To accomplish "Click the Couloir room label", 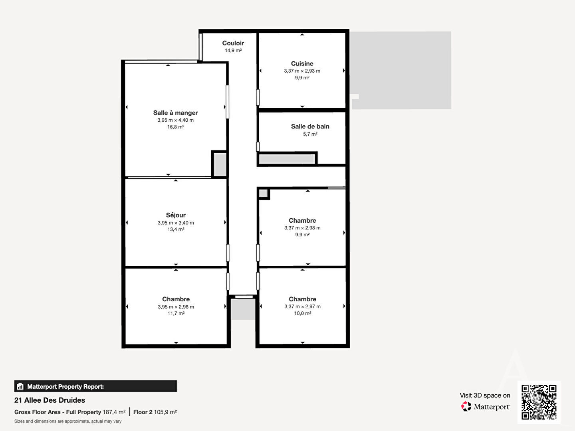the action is (233, 43).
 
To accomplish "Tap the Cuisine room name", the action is (302, 63).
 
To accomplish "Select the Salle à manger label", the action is (176, 113).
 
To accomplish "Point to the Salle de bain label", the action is (310, 127).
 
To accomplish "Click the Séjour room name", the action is (176, 215).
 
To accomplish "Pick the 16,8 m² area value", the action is (176, 127).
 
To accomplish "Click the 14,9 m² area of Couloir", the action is (233, 50).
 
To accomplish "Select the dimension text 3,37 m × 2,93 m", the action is (302, 71).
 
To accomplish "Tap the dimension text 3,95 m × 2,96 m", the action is (176, 307).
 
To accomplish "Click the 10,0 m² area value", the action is (303, 313).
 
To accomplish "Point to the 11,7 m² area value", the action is (176, 313).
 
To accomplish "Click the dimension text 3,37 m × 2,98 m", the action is (302, 227).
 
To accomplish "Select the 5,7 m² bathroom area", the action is (310, 134).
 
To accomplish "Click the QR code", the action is (539, 402).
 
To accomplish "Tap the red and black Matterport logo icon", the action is (466, 406).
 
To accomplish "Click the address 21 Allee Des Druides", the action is (50, 400).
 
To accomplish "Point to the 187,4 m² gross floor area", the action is (114, 412).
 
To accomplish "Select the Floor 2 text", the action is (143, 412).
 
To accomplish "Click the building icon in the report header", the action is (20, 386).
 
